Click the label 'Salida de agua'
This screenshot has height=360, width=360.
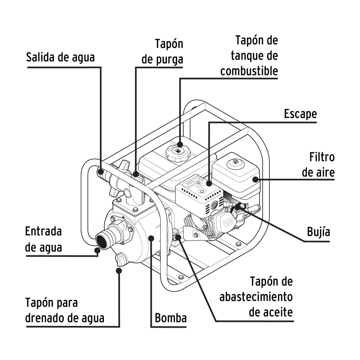pos(60,57)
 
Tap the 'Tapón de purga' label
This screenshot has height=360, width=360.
pos(162,52)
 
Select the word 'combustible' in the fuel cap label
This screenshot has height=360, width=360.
pos(249,71)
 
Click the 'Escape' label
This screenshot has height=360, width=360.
pos(300,114)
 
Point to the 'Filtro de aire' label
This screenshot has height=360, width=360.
pos(318,165)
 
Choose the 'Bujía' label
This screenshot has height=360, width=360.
pos(318,232)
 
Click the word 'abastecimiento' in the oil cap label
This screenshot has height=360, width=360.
pos(256,297)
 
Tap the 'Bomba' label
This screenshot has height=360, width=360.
pos(171,318)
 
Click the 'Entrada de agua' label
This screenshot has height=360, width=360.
pos(43,239)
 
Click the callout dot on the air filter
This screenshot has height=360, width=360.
pos(255,179)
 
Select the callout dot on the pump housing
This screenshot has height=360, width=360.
pos(152,238)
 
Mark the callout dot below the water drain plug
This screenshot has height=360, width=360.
pos(119,270)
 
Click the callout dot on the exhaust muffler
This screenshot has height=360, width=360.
pos(209,183)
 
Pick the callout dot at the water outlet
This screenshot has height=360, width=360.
pos(101,172)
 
